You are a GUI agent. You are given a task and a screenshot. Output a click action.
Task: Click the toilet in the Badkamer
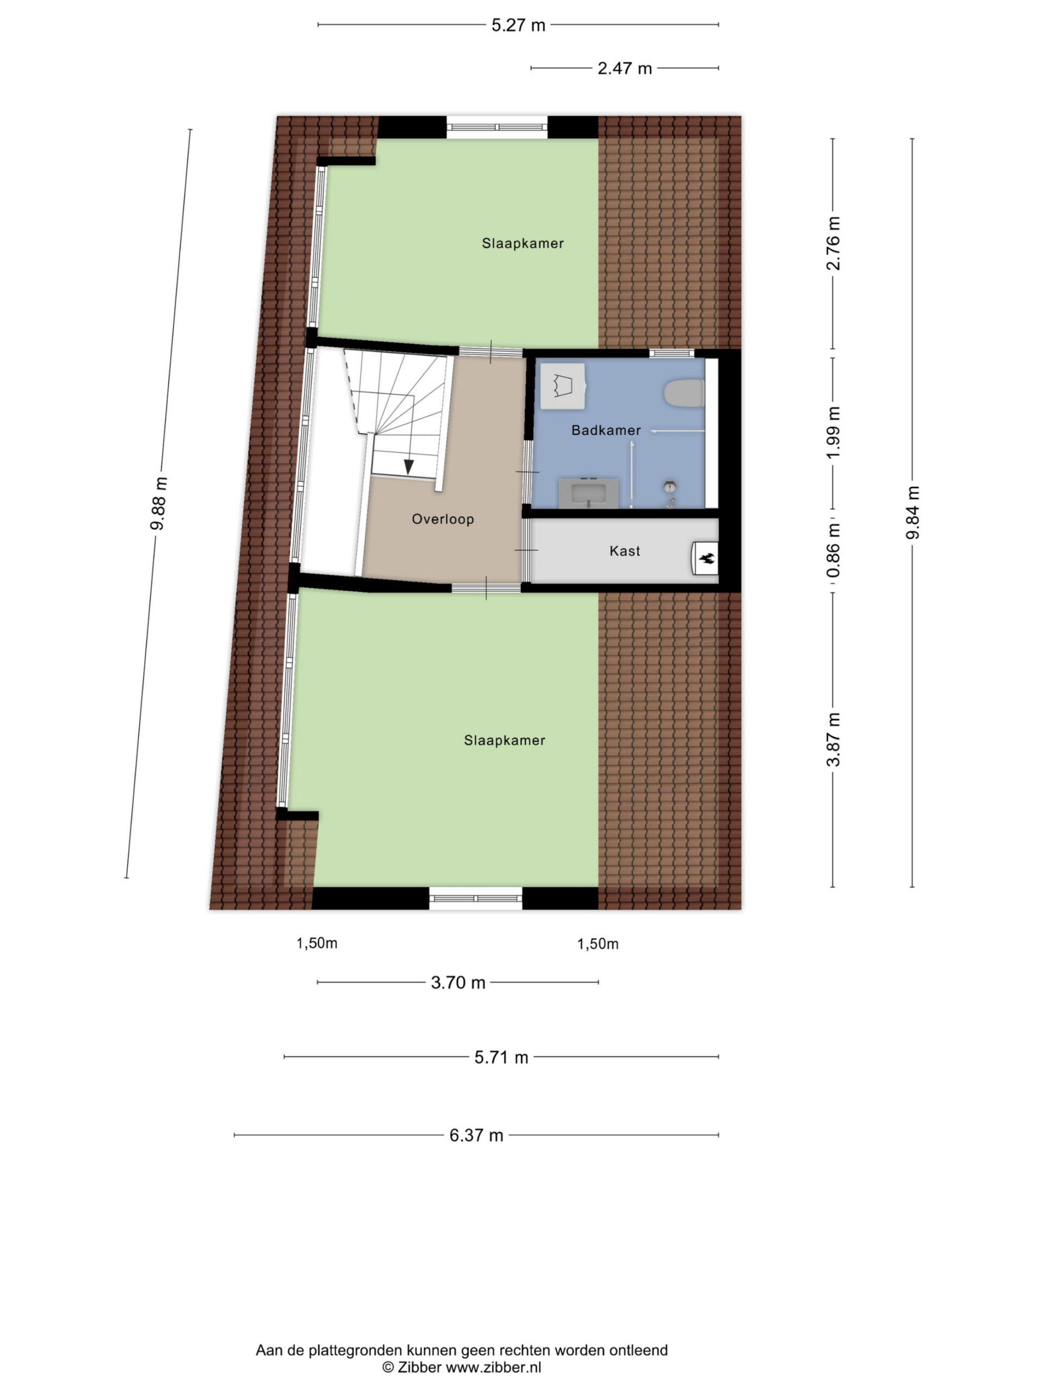pos(683,393)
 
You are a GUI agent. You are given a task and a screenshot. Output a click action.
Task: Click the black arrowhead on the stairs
pos(409,467)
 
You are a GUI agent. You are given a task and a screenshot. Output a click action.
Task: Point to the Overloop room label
pos(443,519)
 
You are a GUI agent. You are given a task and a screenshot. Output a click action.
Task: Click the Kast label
pos(625,551)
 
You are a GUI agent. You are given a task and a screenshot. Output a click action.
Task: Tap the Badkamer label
pos(606,430)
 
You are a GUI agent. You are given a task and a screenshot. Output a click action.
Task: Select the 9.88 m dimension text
pos(159,503)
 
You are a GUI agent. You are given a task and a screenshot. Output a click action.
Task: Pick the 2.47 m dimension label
pos(624,68)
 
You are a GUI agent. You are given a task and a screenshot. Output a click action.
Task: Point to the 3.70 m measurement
pos(458,982)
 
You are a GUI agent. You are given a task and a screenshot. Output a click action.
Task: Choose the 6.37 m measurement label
pos(476,1135)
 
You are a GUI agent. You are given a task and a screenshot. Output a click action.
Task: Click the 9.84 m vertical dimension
pos(912,512)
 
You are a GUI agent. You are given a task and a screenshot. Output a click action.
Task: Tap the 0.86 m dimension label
pos(833,551)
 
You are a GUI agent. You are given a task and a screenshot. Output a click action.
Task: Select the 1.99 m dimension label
pos(833,432)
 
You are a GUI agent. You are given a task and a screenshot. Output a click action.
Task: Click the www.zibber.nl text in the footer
pos(493,1367)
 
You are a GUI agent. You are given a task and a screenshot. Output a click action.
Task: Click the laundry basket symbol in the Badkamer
pos(563,385)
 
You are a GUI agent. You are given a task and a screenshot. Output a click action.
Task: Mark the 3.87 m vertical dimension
pos(833,740)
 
